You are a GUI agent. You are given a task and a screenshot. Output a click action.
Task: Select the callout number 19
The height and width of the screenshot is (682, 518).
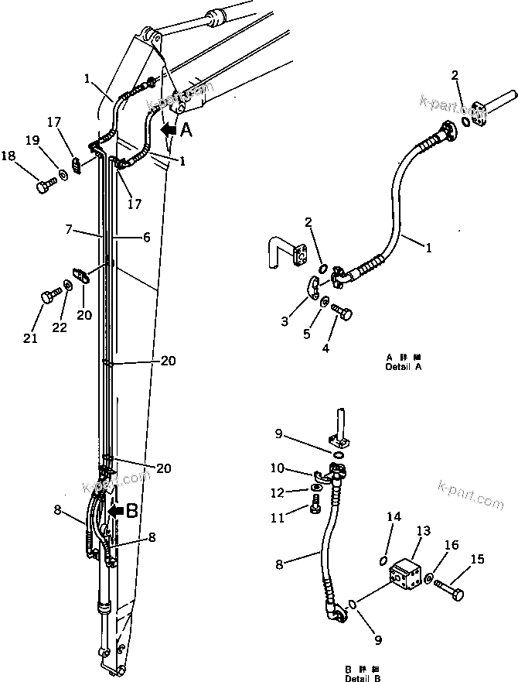point(32,140)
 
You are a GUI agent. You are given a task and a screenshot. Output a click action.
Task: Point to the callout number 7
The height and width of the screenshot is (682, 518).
point(69,229)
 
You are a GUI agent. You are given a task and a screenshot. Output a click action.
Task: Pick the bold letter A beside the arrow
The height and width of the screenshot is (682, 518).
point(186,132)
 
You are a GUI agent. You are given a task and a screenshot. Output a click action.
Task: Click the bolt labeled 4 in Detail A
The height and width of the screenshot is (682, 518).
point(342,311)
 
